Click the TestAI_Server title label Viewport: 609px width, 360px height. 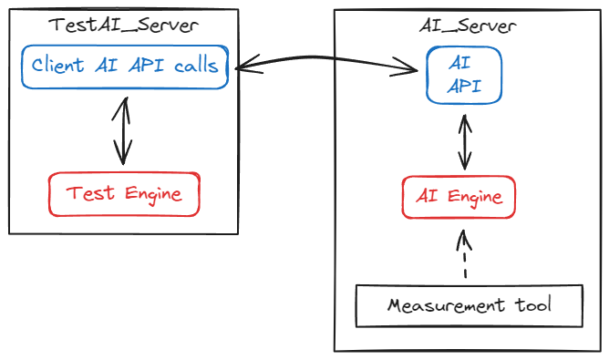pyautogui.click(x=123, y=26)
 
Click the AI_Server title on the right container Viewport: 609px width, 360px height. pyautogui.click(x=470, y=26)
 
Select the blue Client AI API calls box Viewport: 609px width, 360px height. pyautogui.click(x=124, y=67)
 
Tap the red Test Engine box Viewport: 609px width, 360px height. pyautogui.click(x=123, y=194)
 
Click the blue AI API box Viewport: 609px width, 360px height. pyautogui.click(x=465, y=76)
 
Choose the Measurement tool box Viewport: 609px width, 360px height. pyautogui.click(x=469, y=305)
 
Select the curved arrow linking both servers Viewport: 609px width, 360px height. pyautogui.click(x=328, y=62)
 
